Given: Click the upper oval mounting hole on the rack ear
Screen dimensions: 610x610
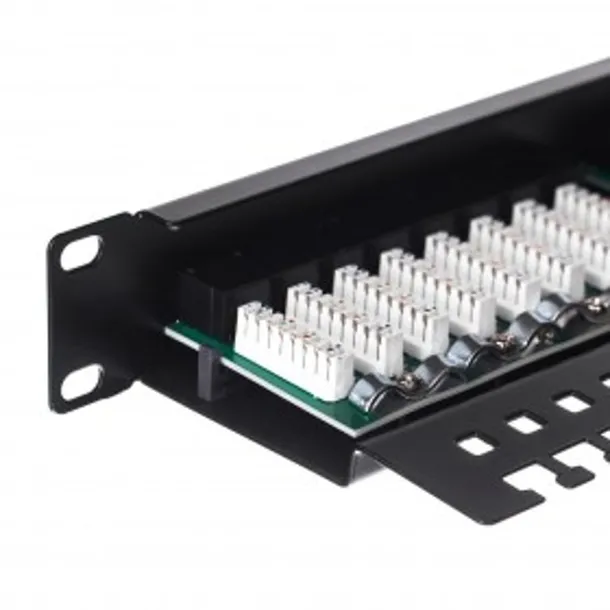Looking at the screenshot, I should [80, 252].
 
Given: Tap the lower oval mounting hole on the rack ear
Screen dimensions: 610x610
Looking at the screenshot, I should [82, 380].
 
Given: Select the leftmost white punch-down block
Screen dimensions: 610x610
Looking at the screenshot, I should [292, 348].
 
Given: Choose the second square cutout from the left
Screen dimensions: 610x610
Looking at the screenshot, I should [526, 424].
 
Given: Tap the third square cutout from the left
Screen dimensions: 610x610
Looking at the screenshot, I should [573, 403].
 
